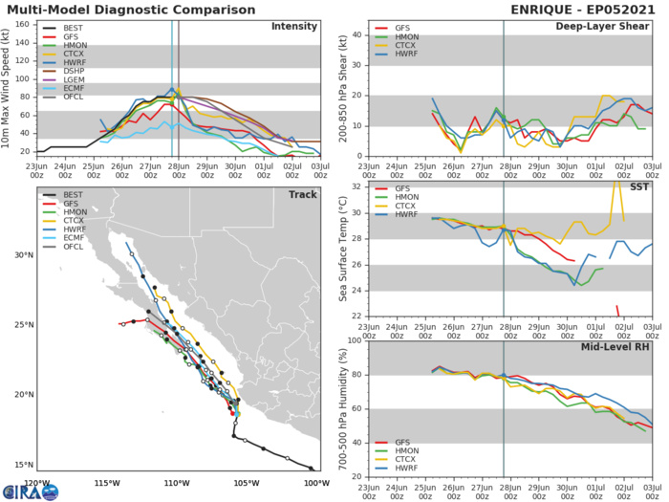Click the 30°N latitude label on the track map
click(23, 255)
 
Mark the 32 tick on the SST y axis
click(358, 186)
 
